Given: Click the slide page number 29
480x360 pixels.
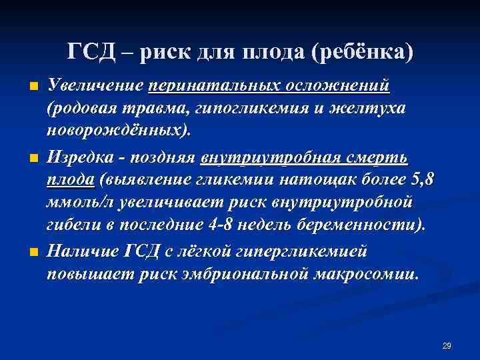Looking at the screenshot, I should (447, 345).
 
